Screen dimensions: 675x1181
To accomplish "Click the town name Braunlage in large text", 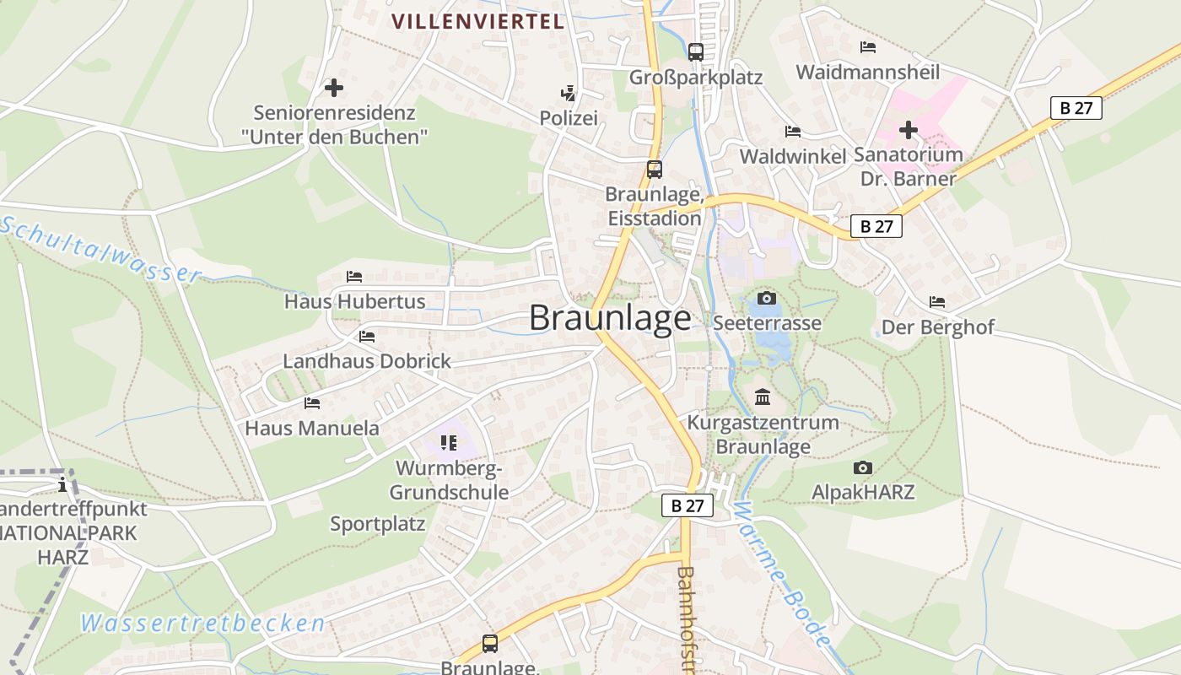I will pyautogui.click(x=610, y=318).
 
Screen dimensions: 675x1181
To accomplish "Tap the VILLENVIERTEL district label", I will pyautogui.click(x=477, y=22).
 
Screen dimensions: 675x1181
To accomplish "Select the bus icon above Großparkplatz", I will pyautogui.click(x=696, y=51).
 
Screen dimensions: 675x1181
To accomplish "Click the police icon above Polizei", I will pyautogui.click(x=569, y=93).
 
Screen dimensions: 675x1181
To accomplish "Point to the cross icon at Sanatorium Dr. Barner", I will pyautogui.click(x=908, y=131).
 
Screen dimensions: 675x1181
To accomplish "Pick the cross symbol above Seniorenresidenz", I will pyautogui.click(x=334, y=87).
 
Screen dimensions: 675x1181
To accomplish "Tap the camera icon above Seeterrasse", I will pyautogui.click(x=767, y=298).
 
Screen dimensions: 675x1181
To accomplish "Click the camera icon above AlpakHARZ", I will pyautogui.click(x=862, y=467).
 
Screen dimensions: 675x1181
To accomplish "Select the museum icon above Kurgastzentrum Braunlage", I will pyautogui.click(x=763, y=397).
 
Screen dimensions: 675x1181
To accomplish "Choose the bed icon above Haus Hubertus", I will pyautogui.click(x=354, y=277).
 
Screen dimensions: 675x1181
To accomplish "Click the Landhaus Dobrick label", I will pyautogui.click(x=367, y=361).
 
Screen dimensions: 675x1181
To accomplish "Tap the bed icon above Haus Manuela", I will pyautogui.click(x=312, y=403).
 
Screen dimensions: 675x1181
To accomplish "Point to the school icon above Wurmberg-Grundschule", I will pyautogui.click(x=449, y=442).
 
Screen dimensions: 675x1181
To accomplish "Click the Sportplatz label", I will pyautogui.click(x=378, y=524).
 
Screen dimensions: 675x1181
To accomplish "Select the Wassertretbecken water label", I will pyautogui.click(x=202, y=624).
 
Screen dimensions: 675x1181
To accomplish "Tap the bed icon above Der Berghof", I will pyautogui.click(x=937, y=302).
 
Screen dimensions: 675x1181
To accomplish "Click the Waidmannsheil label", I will pyautogui.click(x=868, y=72).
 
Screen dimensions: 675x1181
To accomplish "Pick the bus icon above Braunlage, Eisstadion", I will pyautogui.click(x=655, y=169).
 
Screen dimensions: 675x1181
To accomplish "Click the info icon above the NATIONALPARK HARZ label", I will pyautogui.click(x=62, y=484).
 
